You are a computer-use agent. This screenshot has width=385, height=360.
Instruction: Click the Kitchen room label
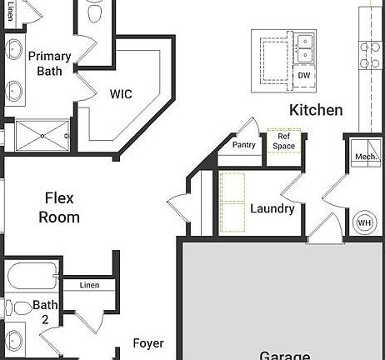[x=316, y=110]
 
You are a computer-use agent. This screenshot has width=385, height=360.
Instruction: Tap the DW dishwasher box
[x=304, y=76]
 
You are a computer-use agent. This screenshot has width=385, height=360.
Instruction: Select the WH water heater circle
[x=364, y=222]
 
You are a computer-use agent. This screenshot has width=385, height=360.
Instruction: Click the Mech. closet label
[x=365, y=157]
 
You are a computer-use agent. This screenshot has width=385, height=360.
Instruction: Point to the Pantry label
[x=244, y=145]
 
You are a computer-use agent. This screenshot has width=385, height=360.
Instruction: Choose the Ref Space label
[x=285, y=141]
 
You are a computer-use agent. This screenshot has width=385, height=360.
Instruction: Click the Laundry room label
[x=272, y=208]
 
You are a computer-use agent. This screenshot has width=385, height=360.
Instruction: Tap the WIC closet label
[x=121, y=94]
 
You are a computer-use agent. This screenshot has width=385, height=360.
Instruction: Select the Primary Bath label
[x=49, y=63]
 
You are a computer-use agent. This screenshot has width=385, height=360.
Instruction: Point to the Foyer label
[x=148, y=343]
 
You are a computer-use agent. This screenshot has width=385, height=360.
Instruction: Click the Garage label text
[x=285, y=355]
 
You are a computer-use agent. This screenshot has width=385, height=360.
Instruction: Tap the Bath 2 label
[x=45, y=312]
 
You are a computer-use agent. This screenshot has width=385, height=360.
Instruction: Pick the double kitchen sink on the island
[x=304, y=46]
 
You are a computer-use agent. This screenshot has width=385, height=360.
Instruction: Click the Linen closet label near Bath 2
[x=89, y=286]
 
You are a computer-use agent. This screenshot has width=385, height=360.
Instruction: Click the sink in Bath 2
[x=14, y=342]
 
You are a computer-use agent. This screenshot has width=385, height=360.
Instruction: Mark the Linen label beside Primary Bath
[x=11, y=12]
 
